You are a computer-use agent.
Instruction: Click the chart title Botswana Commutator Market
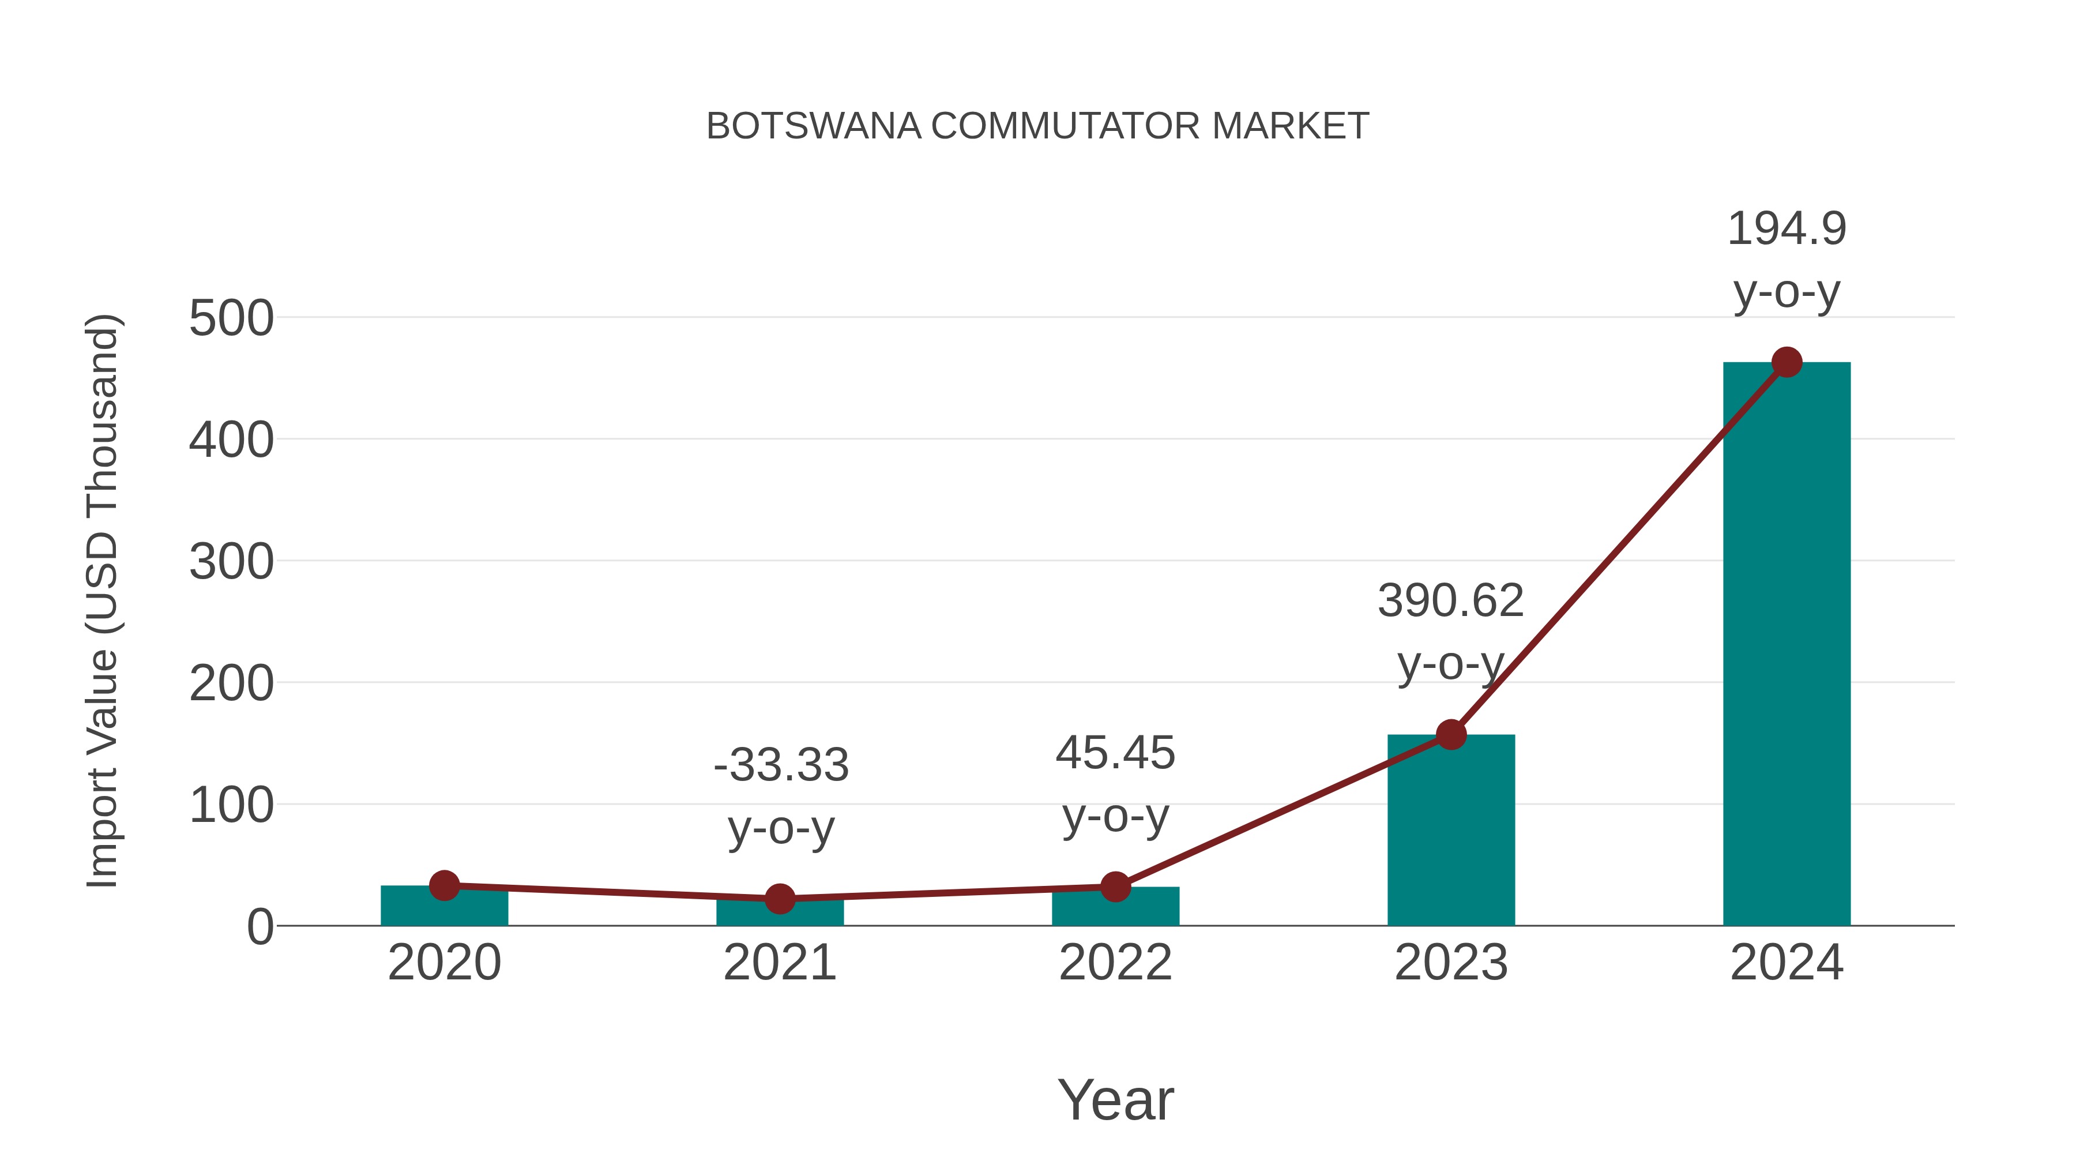1037,126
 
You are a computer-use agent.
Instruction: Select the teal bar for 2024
1786,645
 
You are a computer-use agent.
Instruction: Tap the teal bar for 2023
1451,830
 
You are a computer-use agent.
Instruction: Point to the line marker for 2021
779,898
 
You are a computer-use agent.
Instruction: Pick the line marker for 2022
1115,887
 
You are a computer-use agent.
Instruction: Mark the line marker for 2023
1451,734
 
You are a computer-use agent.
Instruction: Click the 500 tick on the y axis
231,318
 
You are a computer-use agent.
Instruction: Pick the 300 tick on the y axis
231,562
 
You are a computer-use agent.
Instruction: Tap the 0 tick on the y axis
260,927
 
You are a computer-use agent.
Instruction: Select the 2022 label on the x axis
1115,963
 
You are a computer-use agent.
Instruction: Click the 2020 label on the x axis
444,963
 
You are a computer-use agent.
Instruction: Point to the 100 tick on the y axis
231,805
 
